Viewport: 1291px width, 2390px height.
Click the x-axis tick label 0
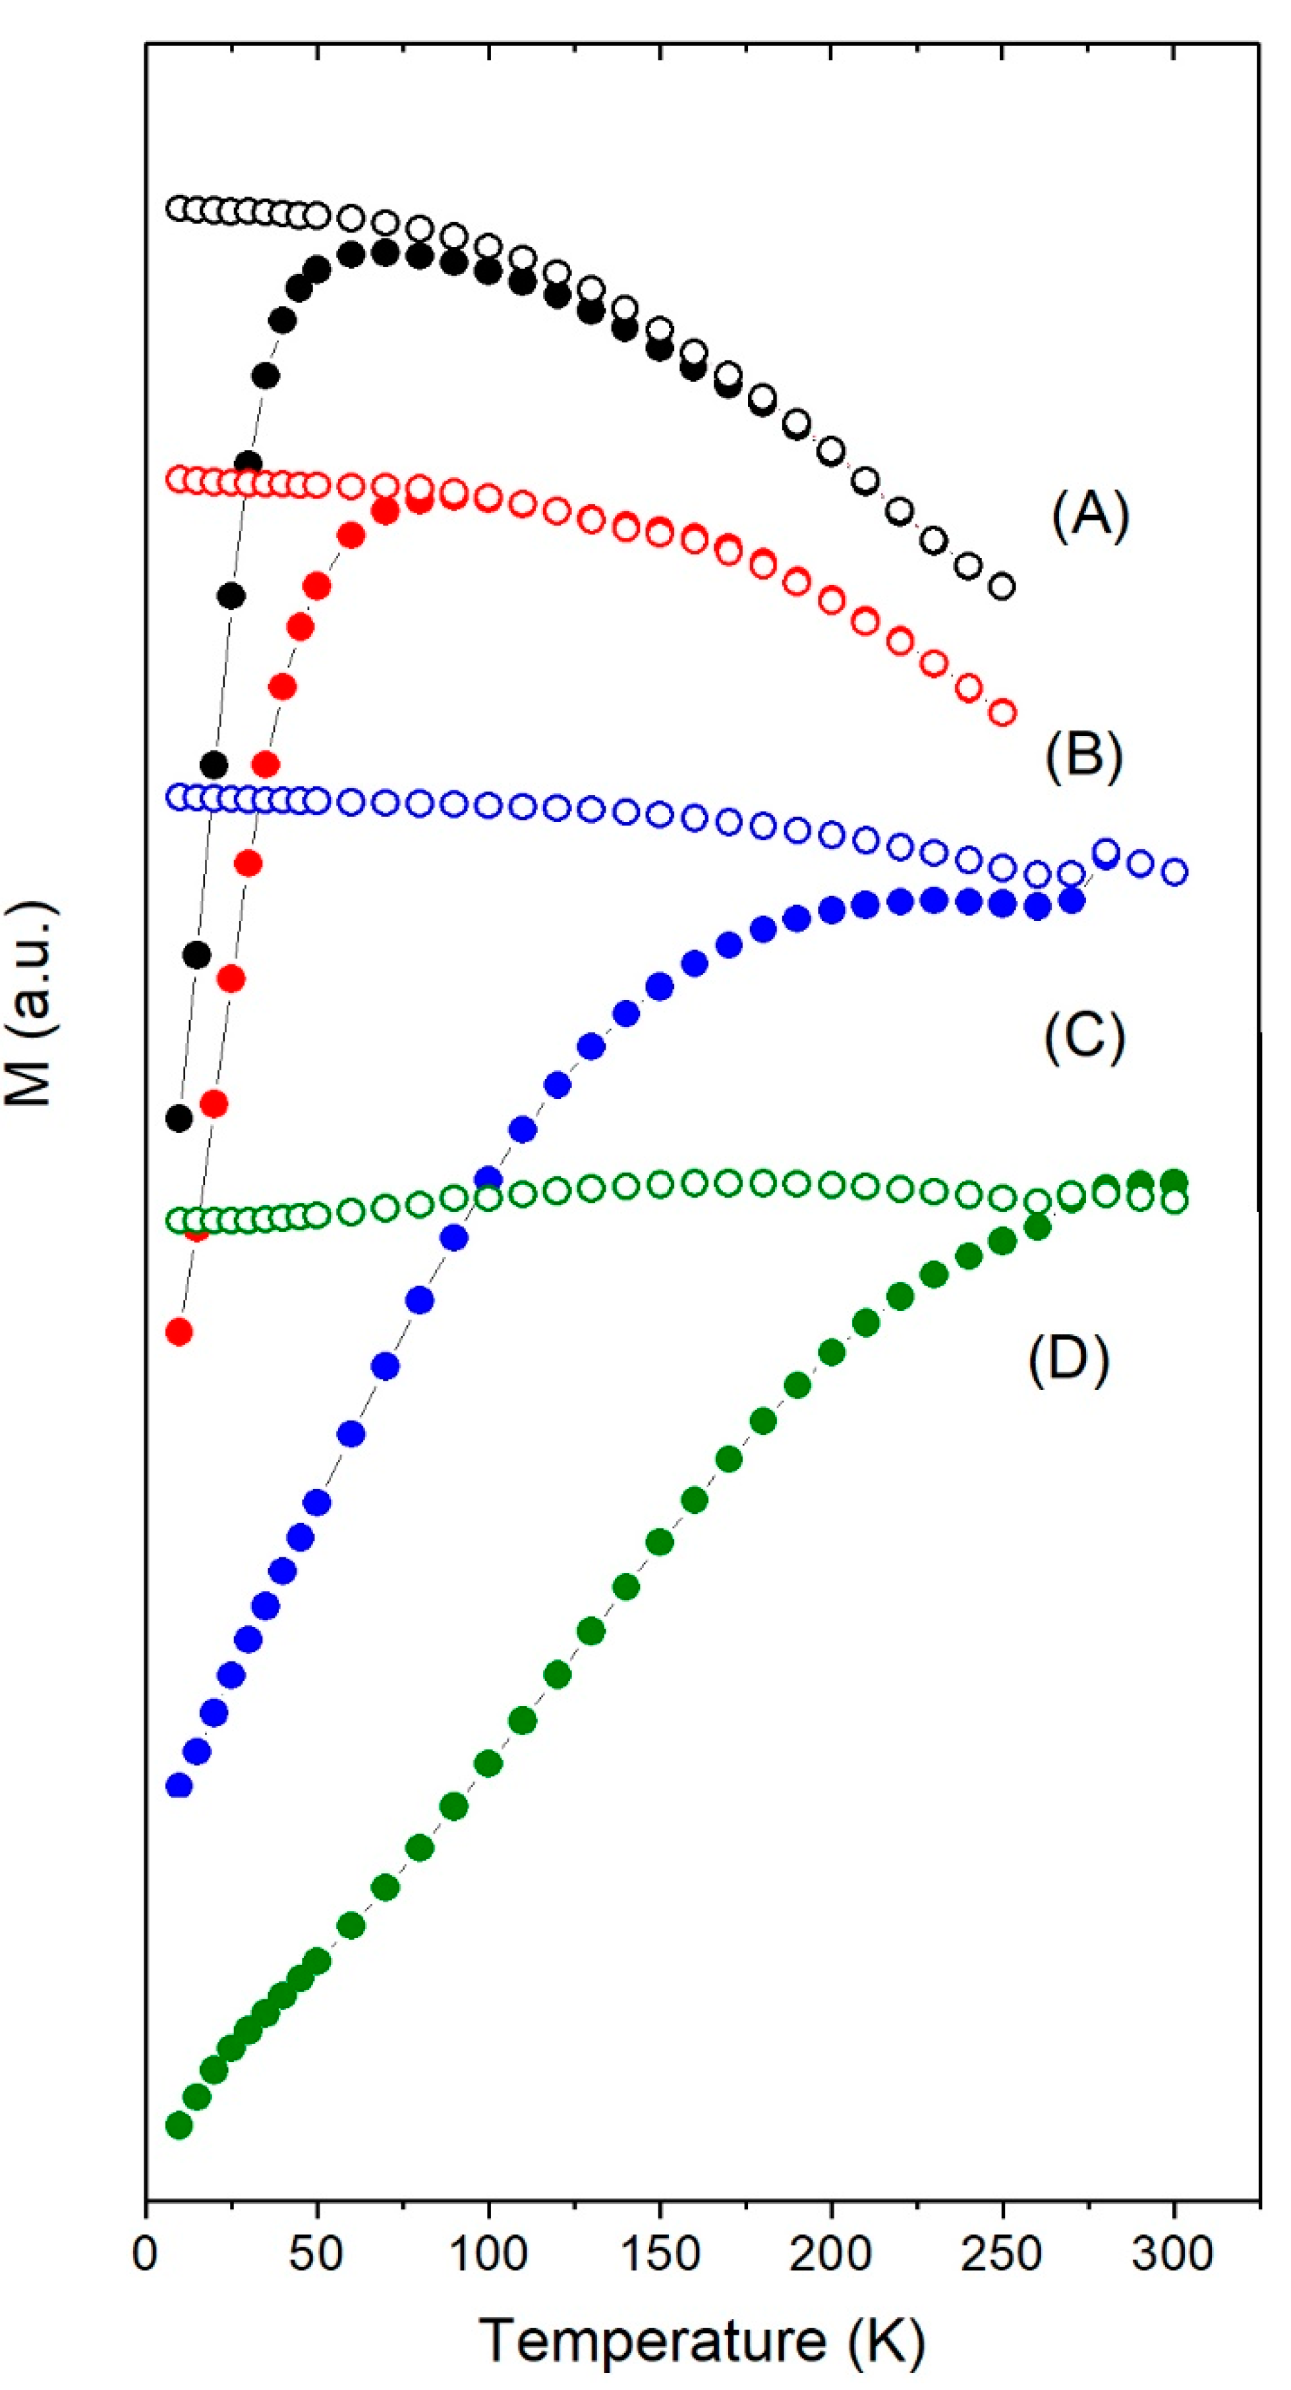click(145, 2254)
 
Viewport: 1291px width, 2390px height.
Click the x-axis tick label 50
click(316, 2254)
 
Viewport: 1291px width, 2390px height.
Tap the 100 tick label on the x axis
click(488, 2254)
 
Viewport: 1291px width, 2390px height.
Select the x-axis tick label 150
click(659, 2254)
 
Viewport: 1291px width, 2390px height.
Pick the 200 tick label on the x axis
click(830, 2254)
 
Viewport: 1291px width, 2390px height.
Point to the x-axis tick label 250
click(1002, 2254)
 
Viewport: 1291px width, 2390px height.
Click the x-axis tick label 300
click(1173, 2254)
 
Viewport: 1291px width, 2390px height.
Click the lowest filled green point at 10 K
click(179, 2125)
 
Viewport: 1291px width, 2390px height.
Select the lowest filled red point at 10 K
click(179, 1332)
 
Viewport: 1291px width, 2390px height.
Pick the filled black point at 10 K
click(179, 1118)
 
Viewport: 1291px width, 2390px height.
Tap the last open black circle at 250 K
click(1002, 586)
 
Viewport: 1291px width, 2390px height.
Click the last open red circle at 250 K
click(1002, 713)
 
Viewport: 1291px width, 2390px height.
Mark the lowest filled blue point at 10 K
click(179, 1785)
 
